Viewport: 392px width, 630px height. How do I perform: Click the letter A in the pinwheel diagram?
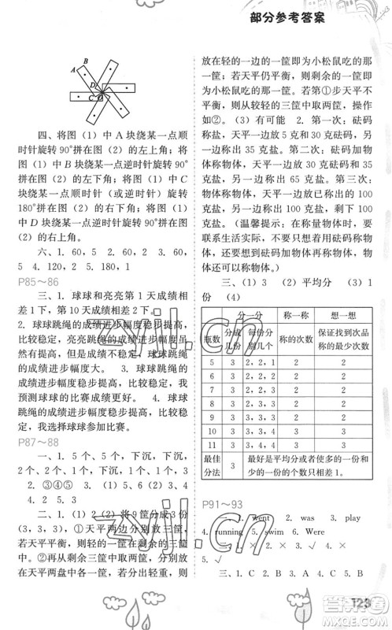(x=72, y=70)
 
